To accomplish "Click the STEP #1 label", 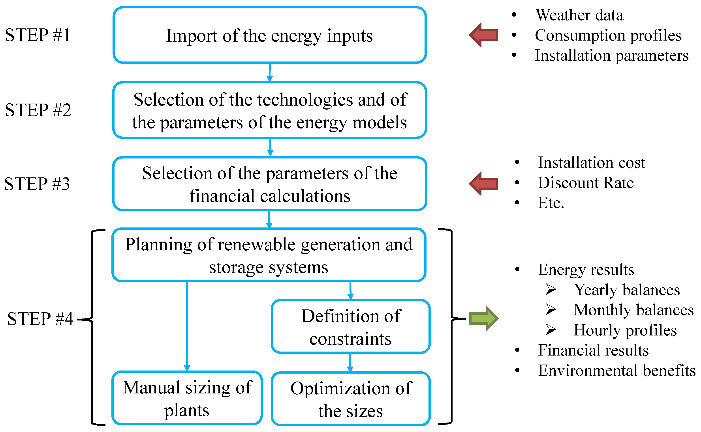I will [38, 35].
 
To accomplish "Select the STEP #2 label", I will [38, 110].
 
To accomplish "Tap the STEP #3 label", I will [37, 184].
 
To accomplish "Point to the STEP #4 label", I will [40, 318].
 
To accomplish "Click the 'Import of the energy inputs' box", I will [269, 35].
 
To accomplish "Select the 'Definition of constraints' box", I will [351, 327].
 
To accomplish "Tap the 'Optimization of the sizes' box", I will [351, 399].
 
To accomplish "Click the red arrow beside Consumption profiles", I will [484, 35].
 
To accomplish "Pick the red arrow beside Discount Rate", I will [484, 183].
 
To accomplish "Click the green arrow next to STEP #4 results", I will [484, 318].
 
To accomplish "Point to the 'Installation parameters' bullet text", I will [611, 55].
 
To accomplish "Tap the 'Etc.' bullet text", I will [551, 203].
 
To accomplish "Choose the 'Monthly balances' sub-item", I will [633, 310].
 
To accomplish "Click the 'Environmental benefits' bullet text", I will [617, 371].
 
